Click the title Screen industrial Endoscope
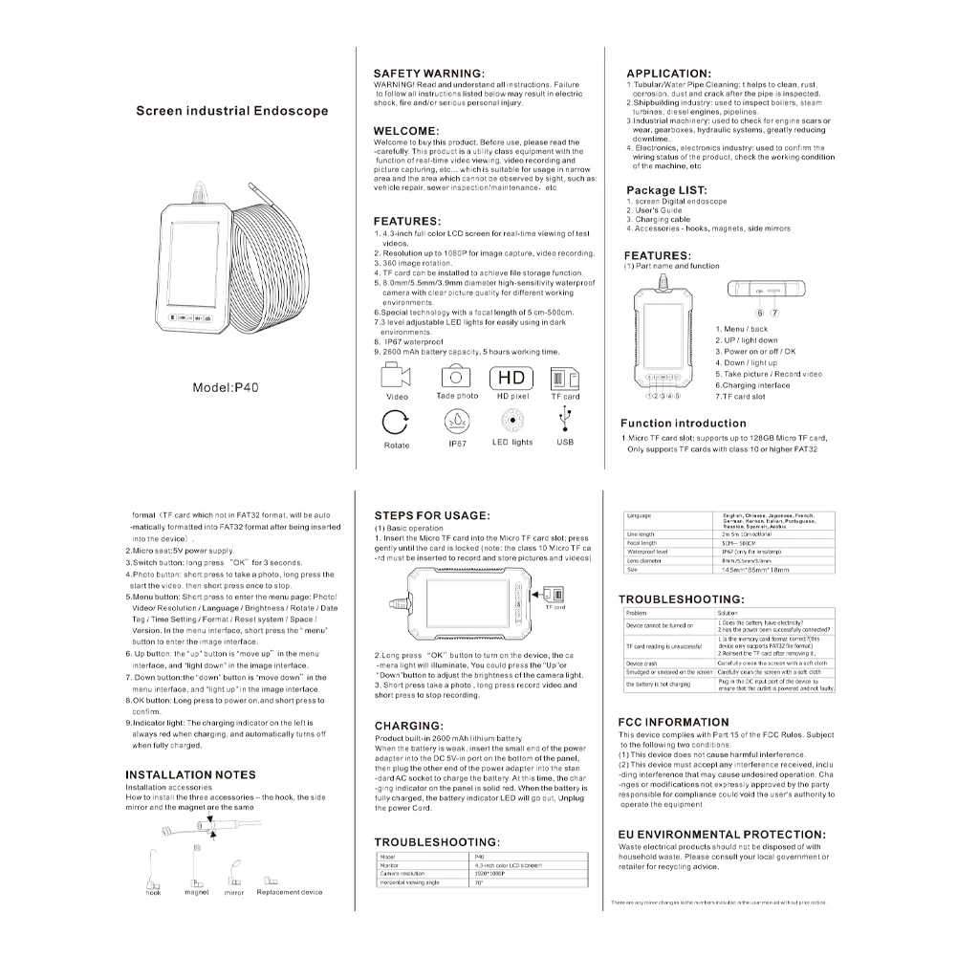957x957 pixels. click(x=231, y=111)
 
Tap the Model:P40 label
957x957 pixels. click(x=231, y=387)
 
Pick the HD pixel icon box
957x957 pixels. click(x=512, y=376)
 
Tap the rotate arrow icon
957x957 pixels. click(x=395, y=422)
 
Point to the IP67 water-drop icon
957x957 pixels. click(x=456, y=421)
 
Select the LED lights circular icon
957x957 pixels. click(x=512, y=421)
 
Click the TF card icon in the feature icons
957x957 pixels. click(x=564, y=376)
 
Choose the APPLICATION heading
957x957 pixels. click(x=668, y=74)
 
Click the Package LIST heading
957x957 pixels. click(x=666, y=190)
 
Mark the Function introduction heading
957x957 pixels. click(x=683, y=424)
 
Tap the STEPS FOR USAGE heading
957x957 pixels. click(x=431, y=515)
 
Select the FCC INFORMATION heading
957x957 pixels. click(x=673, y=722)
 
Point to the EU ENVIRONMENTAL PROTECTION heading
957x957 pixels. click(x=722, y=834)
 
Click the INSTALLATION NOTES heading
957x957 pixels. click(x=190, y=774)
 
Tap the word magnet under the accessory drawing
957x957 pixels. click(x=196, y=892)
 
